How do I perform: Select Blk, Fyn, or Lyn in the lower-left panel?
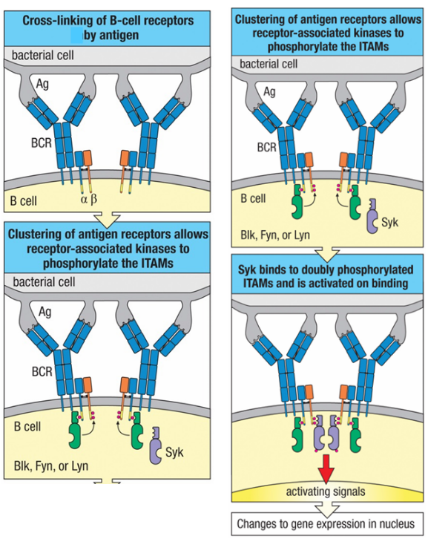click(51, 466)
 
